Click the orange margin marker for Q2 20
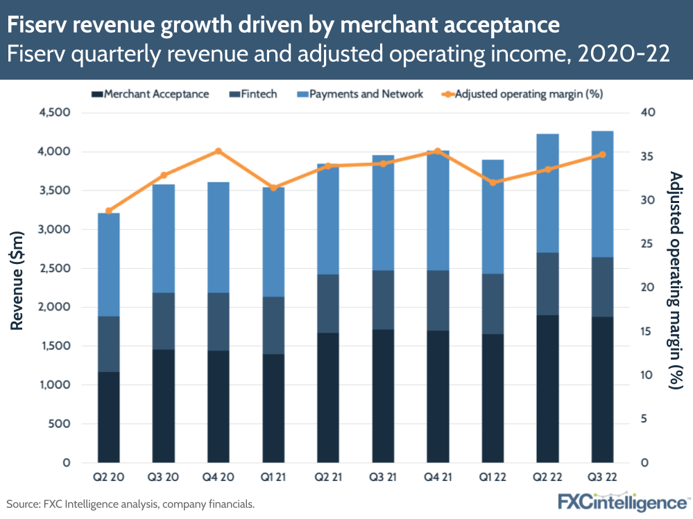point(109,211)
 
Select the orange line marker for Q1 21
point(273,188)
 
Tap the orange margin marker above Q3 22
point(601,155)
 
